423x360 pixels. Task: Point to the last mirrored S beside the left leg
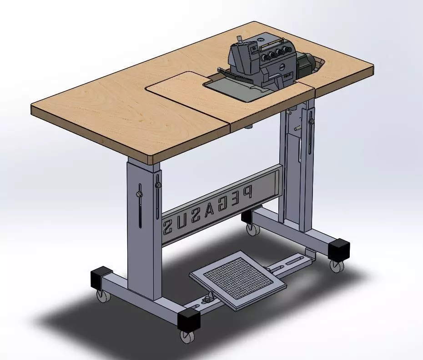tap(168, 225)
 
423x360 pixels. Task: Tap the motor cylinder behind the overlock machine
tap(310, 64)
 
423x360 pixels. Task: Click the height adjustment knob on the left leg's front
tap(158, 185)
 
